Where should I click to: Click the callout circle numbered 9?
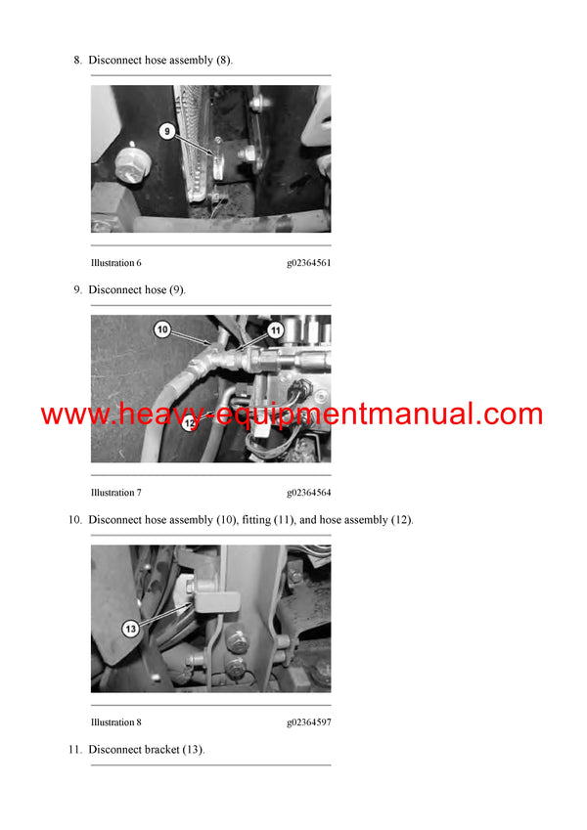[x=166, y=130]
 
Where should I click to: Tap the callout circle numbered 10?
[x=162, y=331]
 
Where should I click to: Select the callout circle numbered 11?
[x=276, y=331]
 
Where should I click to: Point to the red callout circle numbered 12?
[x=189, y=423]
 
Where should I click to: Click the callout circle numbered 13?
[x=130, y=629]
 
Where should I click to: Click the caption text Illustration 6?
[x=116, y=263]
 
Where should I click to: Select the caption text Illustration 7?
[x=116, y=493]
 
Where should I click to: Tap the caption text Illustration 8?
[x=116, y=722]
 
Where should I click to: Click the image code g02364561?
[x=308, y=263]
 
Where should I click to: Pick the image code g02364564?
[x=308, y=493]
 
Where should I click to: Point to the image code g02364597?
[x=308, y=722]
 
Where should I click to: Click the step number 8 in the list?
[x=77, y=60]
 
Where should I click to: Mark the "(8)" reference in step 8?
[x=223, y=60]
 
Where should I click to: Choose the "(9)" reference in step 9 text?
[x=176, y=289]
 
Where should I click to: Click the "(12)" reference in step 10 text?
[x=401, y=519]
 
